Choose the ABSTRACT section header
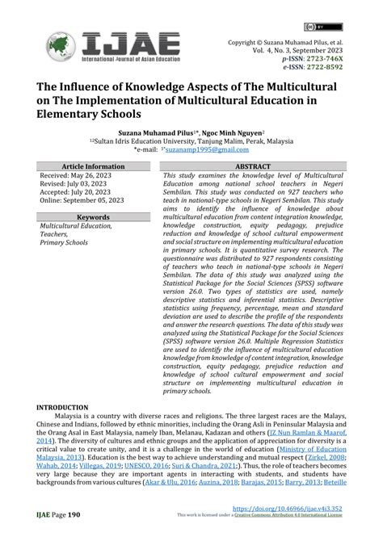click(x=252, y=166)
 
